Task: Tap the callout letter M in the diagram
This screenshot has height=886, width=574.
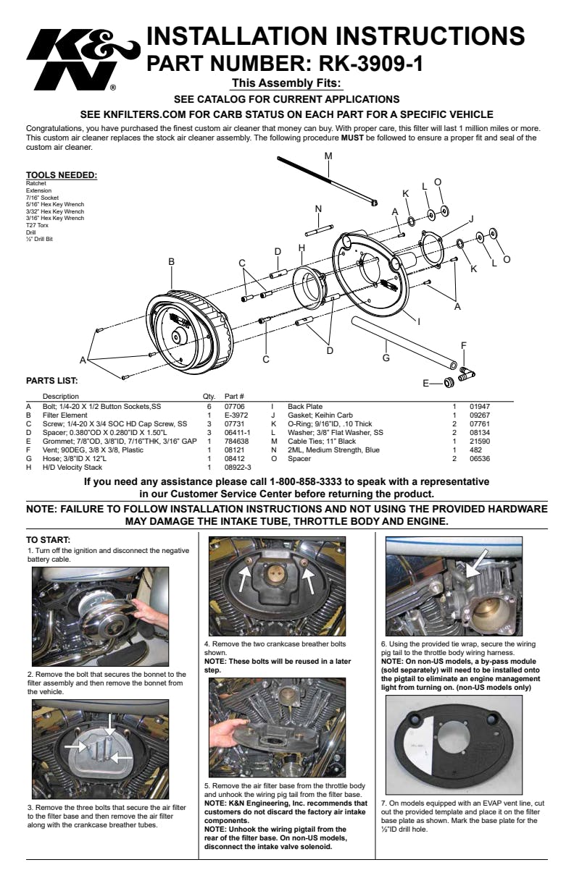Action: click(328, 156)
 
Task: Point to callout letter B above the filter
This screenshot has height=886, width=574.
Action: click(172, 261)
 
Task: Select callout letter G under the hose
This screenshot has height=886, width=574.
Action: click(386, 357)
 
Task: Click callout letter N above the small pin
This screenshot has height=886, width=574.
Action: click(317, 209)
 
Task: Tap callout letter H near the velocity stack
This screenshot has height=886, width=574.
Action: click(301, 248)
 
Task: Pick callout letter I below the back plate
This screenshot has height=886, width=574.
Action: click(419, 319)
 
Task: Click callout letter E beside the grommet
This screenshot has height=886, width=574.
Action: click(426, 383)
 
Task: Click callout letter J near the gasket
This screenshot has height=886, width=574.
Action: click(471, 218)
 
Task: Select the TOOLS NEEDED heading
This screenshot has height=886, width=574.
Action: click(62, 175)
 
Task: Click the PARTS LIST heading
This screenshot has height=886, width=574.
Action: click(52, 380)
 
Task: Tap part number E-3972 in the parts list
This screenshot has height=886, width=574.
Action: click(236, 415)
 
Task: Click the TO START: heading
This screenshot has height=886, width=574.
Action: click(48, 540)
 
